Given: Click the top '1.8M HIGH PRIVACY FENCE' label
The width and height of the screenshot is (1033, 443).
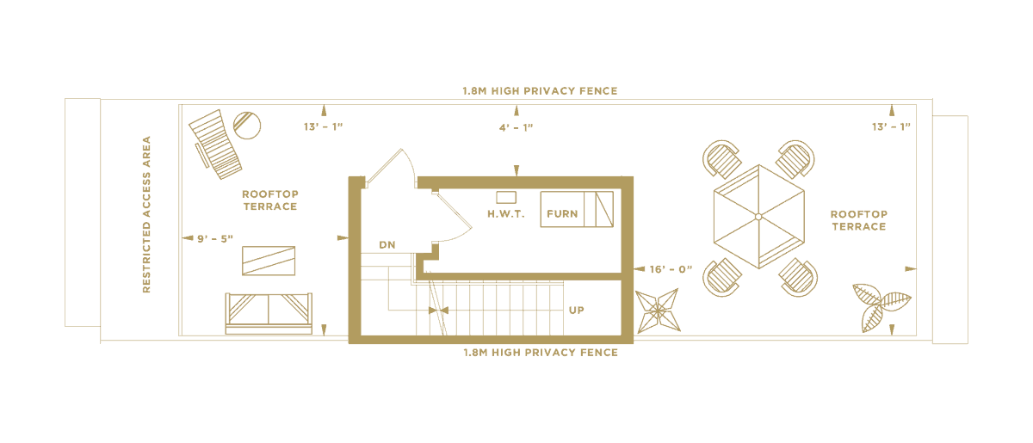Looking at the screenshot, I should coord(541,90).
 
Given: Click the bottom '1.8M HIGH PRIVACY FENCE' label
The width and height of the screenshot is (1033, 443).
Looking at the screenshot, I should coord(541,353).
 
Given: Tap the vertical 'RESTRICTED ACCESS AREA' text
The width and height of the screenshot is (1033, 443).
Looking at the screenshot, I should coord(147,216).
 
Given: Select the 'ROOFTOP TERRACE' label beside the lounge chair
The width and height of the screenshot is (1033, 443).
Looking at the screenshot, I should coord(269,200).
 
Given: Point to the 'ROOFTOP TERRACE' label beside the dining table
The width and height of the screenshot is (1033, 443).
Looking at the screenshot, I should coord(857,220).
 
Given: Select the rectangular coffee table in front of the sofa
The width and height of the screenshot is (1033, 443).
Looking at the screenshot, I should coord(269,261).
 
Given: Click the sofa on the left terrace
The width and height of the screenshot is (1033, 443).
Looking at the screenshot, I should coord(269,311).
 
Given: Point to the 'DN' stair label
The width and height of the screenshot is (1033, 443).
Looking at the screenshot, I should coord(387,245).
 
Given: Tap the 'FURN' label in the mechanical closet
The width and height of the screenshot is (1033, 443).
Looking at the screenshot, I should coord(563,212).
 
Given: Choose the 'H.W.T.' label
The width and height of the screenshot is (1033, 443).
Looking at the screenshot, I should coord(505,212).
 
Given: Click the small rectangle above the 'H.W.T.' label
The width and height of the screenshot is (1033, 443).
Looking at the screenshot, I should coord(505,197).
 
